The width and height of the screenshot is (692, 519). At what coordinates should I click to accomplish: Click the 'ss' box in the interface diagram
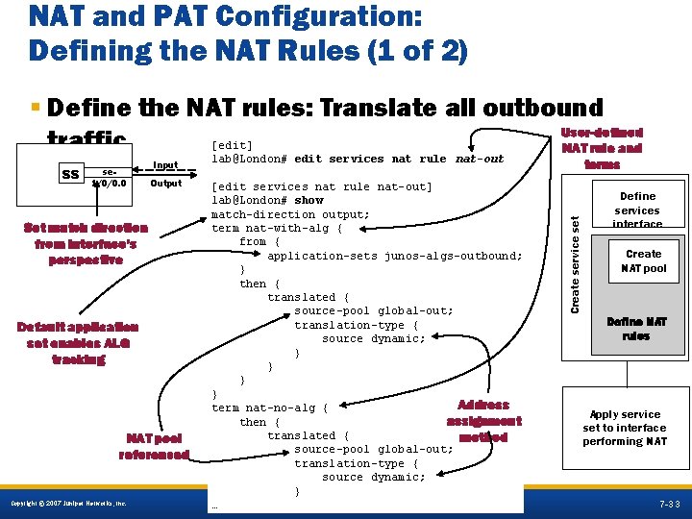(70, 175)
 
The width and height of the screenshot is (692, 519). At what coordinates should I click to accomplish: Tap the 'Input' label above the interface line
(165, 165)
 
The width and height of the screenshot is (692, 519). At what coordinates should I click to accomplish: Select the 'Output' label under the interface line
(165, 184)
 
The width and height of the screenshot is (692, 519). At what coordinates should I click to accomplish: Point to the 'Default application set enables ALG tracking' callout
(78, 342)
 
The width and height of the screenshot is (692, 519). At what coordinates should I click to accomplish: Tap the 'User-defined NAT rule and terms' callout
(602, 148)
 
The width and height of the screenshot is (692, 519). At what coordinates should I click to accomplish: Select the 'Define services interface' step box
(637, 210)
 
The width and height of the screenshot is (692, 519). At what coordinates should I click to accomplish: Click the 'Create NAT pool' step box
(643, 260)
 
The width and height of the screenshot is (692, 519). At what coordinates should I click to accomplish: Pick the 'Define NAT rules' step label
(635, 329)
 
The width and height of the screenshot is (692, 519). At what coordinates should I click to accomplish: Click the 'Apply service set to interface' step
(624, 428)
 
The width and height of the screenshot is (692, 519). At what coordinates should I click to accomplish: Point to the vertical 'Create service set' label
(575, 250)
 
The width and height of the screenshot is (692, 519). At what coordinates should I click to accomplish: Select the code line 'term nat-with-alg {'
(276, 229)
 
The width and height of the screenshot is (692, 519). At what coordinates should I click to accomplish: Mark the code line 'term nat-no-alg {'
(269, 408)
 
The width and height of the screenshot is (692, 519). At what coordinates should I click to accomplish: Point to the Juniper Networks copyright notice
(67, 505)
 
